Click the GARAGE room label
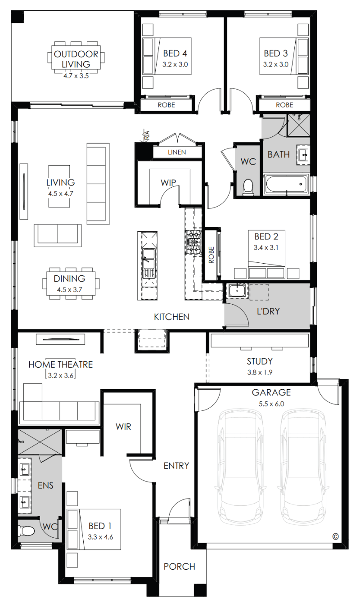(x=271, y=392)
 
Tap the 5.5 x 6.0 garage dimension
(x=271, y=404)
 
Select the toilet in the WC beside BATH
(x=248, y=187)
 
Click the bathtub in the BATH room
(x=286, y=184)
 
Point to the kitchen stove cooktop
(x=193, y=242)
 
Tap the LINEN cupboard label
(x=177, y=152)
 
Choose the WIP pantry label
(x=168, y=183)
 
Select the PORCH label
(x=179, y=567)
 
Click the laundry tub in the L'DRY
(x=237, y=291)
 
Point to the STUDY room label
(x=260, y=361)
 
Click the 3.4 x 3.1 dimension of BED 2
(x=266, y=247)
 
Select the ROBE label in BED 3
(x=284, y=105)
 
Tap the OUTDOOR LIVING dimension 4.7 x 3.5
(x=76, y=76)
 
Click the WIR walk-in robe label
(x=123, y=427)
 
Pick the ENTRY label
(x=176, y=466)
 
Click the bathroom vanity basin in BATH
(x=303, y=155)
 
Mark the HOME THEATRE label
(x=60, y=364)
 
